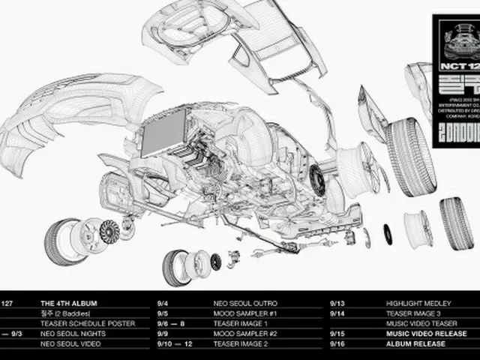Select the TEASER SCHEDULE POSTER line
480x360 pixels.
88,323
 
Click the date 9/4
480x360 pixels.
162,304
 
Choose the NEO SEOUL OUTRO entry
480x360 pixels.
245,304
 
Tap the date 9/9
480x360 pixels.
162,334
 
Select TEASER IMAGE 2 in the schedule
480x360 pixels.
241,344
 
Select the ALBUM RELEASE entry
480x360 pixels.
415,344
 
